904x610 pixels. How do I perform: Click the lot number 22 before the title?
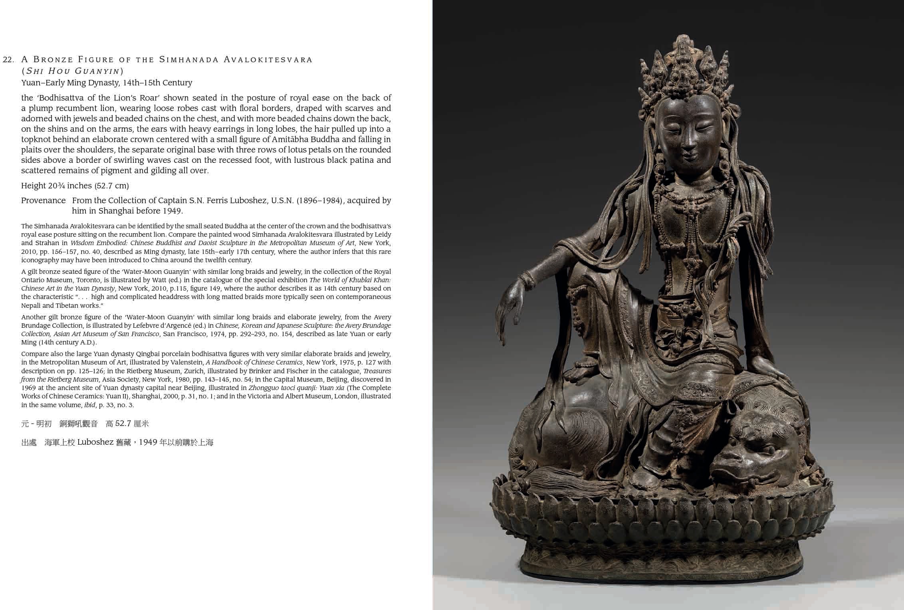coord(8,60)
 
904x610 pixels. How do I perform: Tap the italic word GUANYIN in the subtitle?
coord(99,71)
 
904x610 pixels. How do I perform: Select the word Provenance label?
coord(43,200)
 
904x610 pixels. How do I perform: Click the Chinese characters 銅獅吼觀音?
coord(79,424)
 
